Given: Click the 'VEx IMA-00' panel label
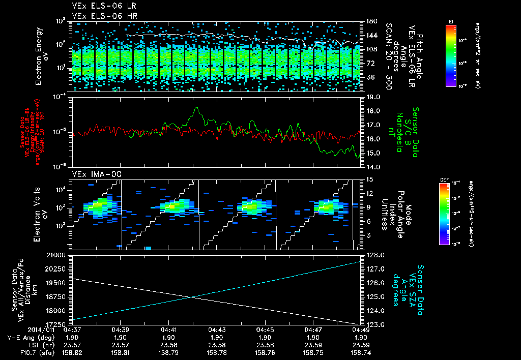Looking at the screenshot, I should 90,174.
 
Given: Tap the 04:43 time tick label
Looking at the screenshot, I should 217,329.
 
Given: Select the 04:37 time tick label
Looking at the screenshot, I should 72,329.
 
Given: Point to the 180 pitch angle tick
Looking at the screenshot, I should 370,21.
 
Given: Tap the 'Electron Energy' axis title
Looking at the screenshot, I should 39,56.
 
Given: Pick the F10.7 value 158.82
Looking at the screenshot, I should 72,352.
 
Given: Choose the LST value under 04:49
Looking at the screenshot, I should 361,345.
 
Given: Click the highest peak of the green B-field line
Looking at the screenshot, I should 196,108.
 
